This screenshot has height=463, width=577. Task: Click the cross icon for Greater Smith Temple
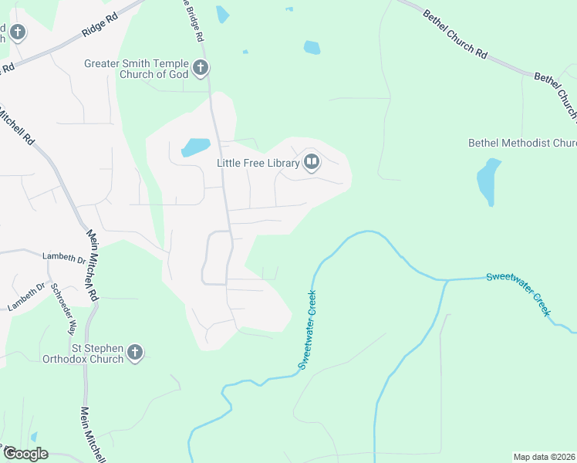point(201,68)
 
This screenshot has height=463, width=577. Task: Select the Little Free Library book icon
point(312,162)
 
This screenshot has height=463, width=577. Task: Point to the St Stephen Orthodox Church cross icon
point(135,353)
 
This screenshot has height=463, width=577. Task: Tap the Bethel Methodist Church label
point(522,143)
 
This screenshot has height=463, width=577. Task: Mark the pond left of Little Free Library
point(195,147)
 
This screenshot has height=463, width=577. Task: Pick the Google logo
point(25,454)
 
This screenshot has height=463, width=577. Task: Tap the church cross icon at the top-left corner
point(18,32)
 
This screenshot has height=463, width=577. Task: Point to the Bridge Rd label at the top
point(194,21)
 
